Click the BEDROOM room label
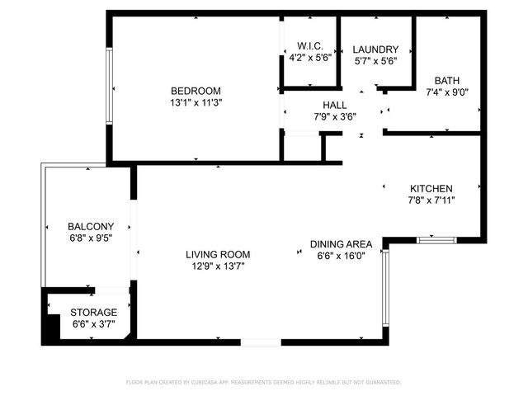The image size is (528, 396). (196, 90)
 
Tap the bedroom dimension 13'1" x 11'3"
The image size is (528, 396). (196, 102)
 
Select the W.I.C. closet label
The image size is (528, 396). (309, 46)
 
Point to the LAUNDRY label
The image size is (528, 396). (375, 49)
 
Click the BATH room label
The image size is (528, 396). (447, 80)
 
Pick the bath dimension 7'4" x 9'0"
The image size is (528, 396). (447, 92)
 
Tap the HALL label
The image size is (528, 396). (334, 105)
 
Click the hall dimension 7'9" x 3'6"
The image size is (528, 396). (334, 117)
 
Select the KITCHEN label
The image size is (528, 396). (431, 188)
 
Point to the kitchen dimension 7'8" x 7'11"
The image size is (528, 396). (431, 200)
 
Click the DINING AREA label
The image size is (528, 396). (341, 244)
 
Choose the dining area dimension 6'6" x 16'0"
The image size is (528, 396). (341, 257)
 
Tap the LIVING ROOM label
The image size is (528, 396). (218, 254)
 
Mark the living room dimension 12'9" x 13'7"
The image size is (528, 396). (218, 266)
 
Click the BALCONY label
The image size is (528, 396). (91, 226)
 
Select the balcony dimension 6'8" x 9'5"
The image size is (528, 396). (91, 238)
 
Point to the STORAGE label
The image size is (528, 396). (93, 312)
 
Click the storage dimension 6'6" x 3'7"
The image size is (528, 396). (93, 324)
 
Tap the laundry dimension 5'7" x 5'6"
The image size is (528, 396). (375, 62)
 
